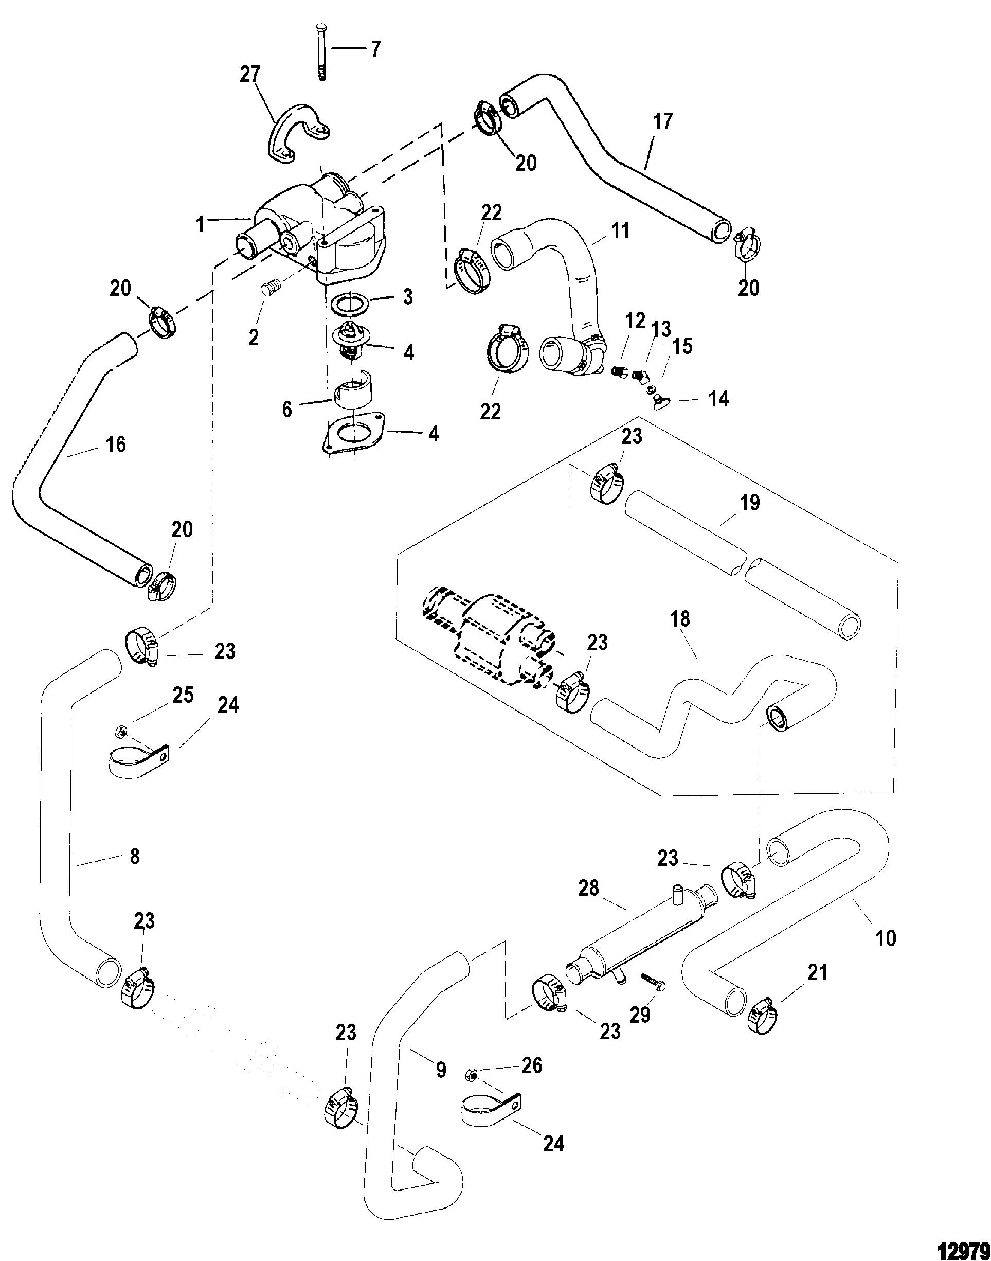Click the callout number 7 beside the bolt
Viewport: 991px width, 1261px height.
375,50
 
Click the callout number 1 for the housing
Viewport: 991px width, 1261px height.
201,224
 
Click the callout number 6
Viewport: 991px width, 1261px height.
287,409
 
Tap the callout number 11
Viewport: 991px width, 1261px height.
621,230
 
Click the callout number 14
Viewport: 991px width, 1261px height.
718,399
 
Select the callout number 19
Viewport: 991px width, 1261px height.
750,503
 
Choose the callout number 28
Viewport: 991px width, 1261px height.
588,888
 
